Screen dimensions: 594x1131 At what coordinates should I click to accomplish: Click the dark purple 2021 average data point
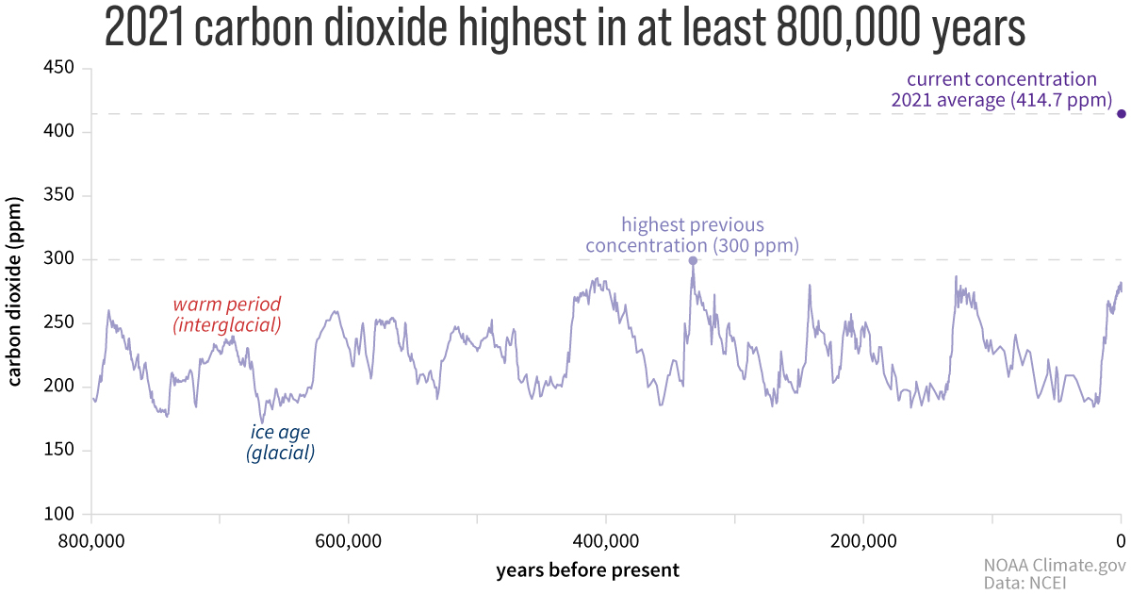coord(1122,114)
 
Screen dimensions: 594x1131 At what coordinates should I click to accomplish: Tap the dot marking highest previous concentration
coord(693,261)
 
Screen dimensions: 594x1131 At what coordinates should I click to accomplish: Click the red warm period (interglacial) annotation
coord(227,315)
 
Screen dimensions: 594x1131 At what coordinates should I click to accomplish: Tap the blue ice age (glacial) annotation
coord(280,443)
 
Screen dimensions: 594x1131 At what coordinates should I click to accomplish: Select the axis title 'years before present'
coord(587,569)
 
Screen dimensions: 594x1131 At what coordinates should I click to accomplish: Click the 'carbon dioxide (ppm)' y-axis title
coord(15,291)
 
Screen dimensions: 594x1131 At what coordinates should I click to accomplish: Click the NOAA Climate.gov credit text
coord(1055,566)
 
